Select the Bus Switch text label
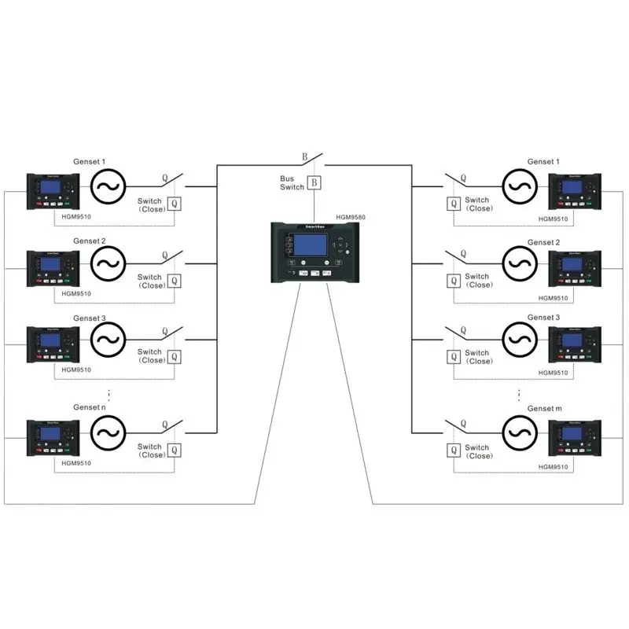(x=292, y=183)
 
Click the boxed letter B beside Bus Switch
(x=314, y=183)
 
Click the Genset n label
(x=89, y=407)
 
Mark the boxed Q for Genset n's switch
(x=174, y=451)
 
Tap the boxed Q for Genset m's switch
(x=454, y=451)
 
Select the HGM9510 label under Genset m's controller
(x=554, y=467)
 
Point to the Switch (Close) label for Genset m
(x=478, y=451)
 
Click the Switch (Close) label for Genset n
(x=150, y=451)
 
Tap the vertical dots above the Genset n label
(x=109, y=392)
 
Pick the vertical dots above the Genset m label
(x=520, y=393)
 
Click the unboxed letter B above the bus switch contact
(x=304, y=156)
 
